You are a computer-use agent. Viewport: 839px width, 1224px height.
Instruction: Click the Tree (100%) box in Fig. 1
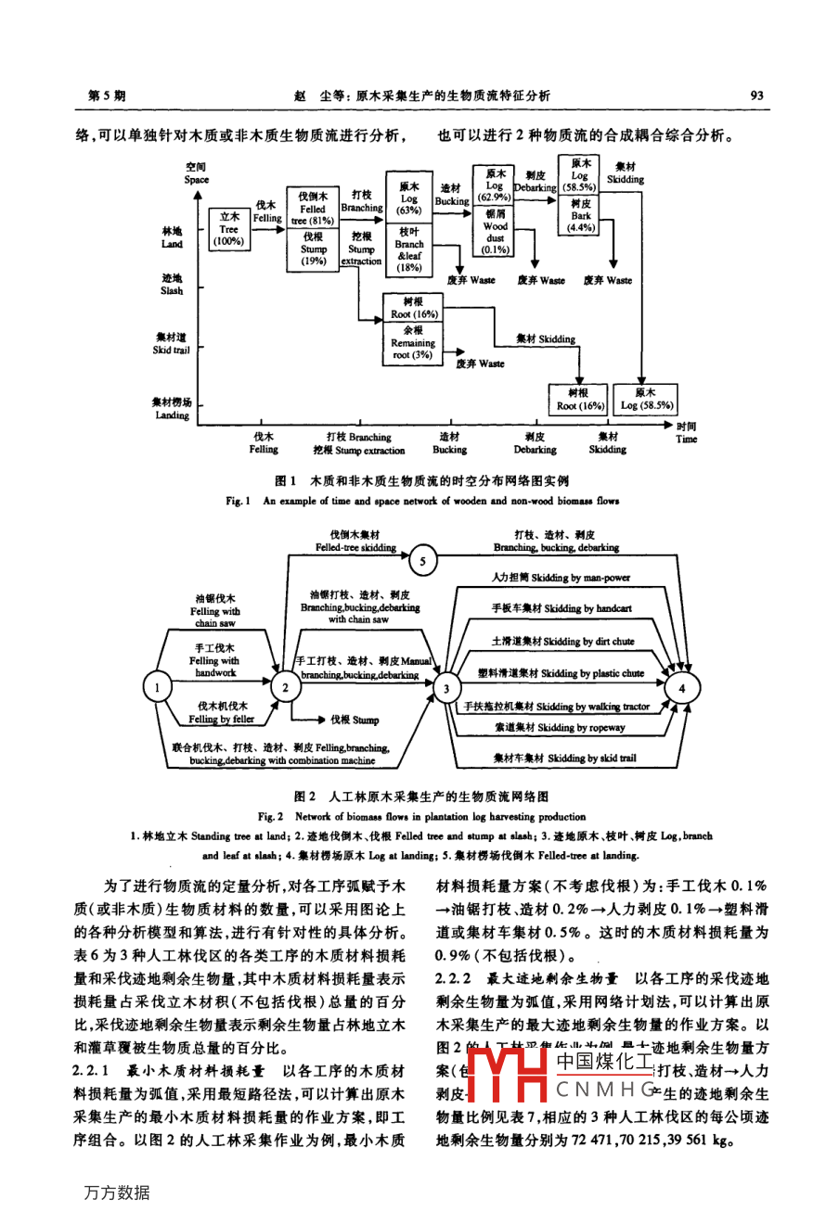point(228,229)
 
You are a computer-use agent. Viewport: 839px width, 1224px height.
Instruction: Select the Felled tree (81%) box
point(313,208)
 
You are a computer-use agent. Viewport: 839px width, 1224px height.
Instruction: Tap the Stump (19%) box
point(313,249)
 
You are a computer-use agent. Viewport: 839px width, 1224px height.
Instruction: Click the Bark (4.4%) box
point(581,215)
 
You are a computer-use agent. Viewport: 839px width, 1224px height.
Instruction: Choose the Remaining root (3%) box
point(413,343)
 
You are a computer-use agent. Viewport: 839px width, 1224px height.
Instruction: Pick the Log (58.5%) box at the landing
point(647,400)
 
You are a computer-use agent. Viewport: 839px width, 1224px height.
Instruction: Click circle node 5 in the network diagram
point(422,561)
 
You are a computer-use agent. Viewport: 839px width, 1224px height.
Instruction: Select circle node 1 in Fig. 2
point(157,687)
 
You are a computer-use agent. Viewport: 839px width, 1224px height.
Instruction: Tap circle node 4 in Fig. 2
point(682,687)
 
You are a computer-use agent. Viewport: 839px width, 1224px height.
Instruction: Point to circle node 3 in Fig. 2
point(446,687)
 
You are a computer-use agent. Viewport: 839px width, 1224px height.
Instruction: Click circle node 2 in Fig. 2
point(285,687)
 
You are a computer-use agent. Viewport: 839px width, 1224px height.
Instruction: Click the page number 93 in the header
point(756,95)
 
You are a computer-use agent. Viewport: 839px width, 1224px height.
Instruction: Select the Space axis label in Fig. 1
point(196,174)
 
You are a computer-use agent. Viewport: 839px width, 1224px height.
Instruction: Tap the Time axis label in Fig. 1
point(686,433)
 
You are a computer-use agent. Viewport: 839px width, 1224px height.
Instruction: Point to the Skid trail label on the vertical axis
point(171,344)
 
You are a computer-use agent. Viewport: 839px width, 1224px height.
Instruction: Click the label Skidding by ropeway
point(560,728)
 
